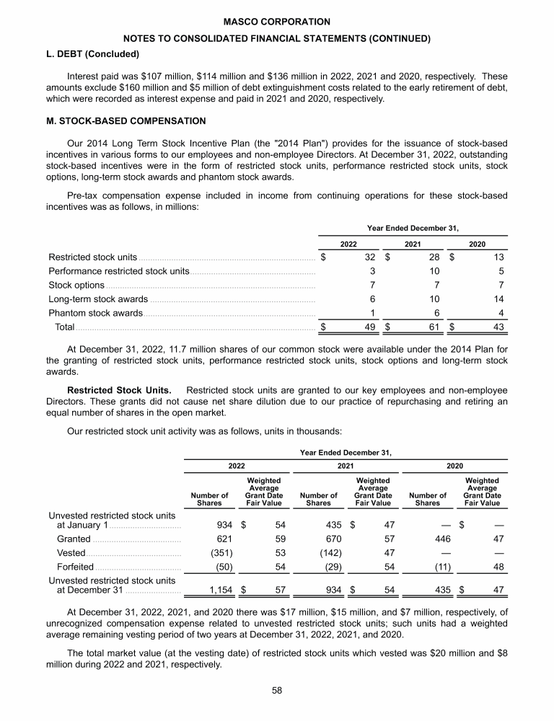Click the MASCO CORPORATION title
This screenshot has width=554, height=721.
[277, 22]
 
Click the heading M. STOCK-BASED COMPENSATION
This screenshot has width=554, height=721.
[126, 120]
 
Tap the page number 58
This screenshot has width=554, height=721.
[277, 690]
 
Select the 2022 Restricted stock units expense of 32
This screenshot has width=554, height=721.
[371, 257]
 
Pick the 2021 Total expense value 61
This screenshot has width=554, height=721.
[434, 327]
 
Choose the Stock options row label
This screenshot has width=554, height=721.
[76, 285]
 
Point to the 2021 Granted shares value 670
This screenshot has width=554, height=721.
[329, 539]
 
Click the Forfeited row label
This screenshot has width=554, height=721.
[74, 567]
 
